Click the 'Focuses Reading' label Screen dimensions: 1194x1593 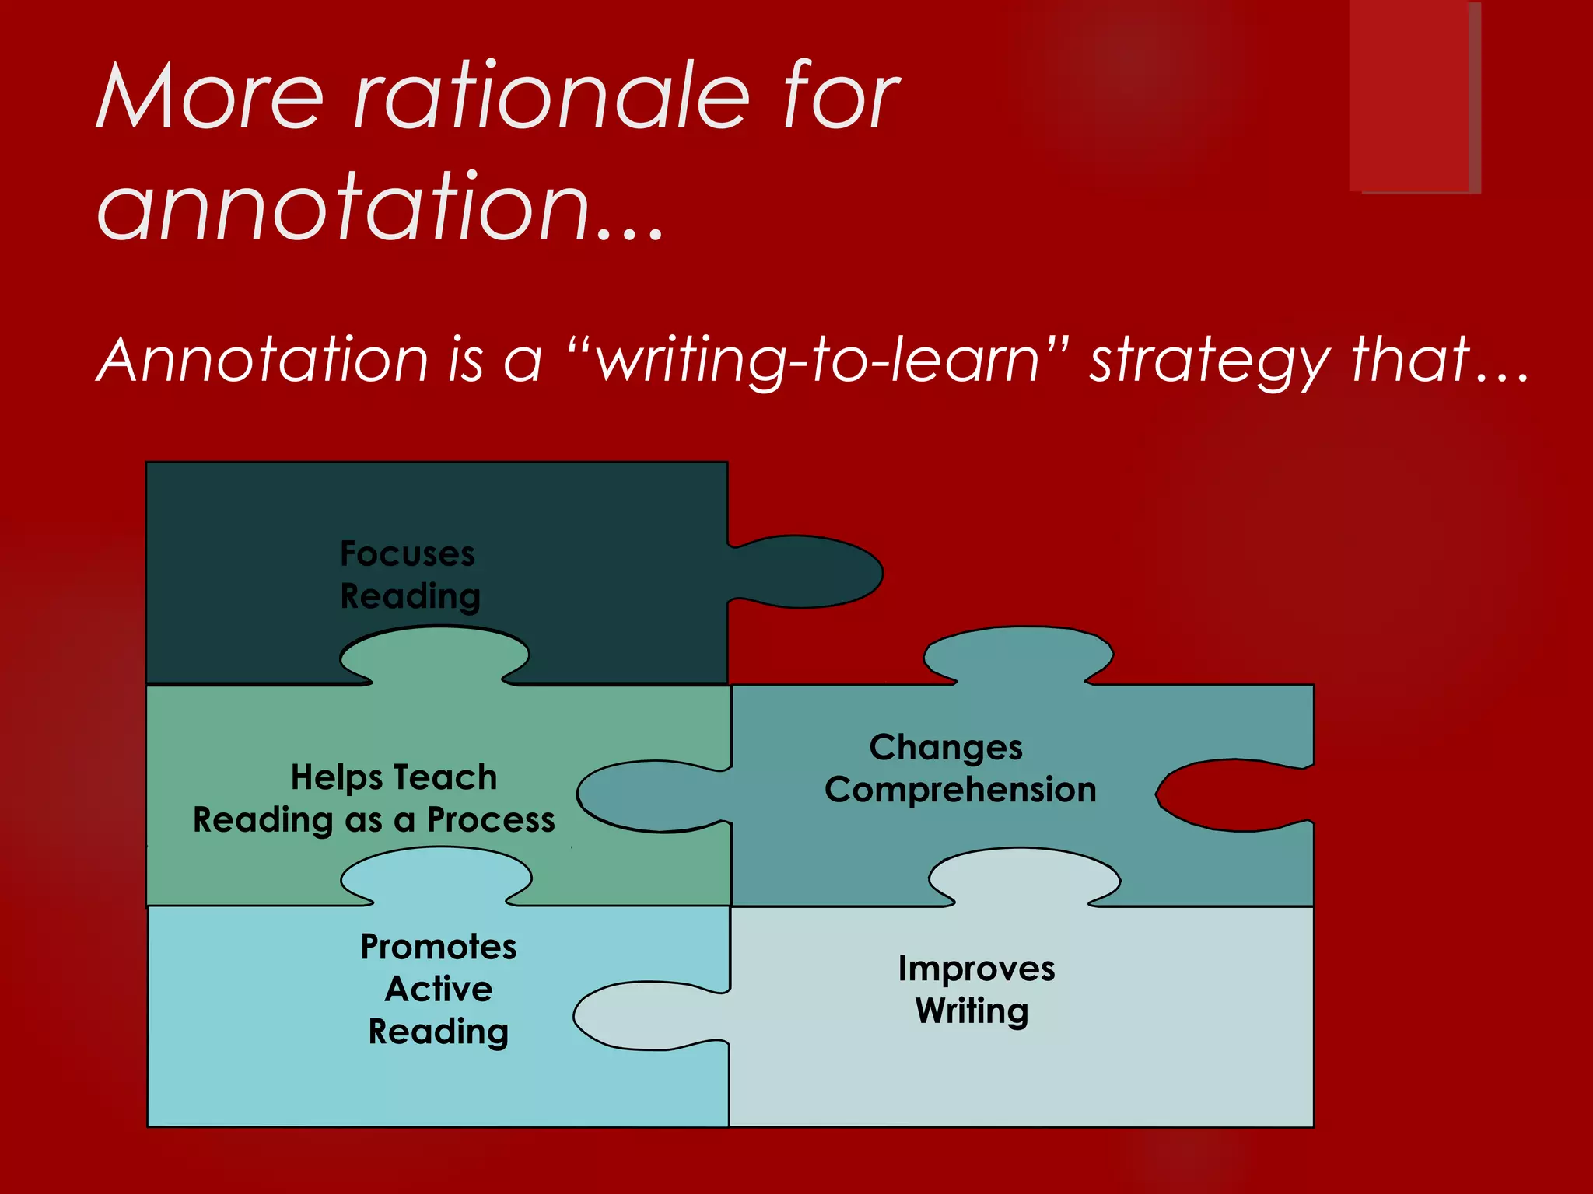[x=410, y=575]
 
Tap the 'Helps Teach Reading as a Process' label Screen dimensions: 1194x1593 [x=375, y=798]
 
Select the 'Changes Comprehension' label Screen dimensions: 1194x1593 [x=960, y=768]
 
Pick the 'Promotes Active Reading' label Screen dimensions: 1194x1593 [x=439, y=989]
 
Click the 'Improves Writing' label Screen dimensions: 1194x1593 [x=975, y=990]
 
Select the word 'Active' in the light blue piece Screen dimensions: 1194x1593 [x=439, y=989]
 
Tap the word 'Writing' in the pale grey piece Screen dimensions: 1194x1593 [x=972, y=1011]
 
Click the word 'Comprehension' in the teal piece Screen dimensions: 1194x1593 [x=960, y=790]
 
